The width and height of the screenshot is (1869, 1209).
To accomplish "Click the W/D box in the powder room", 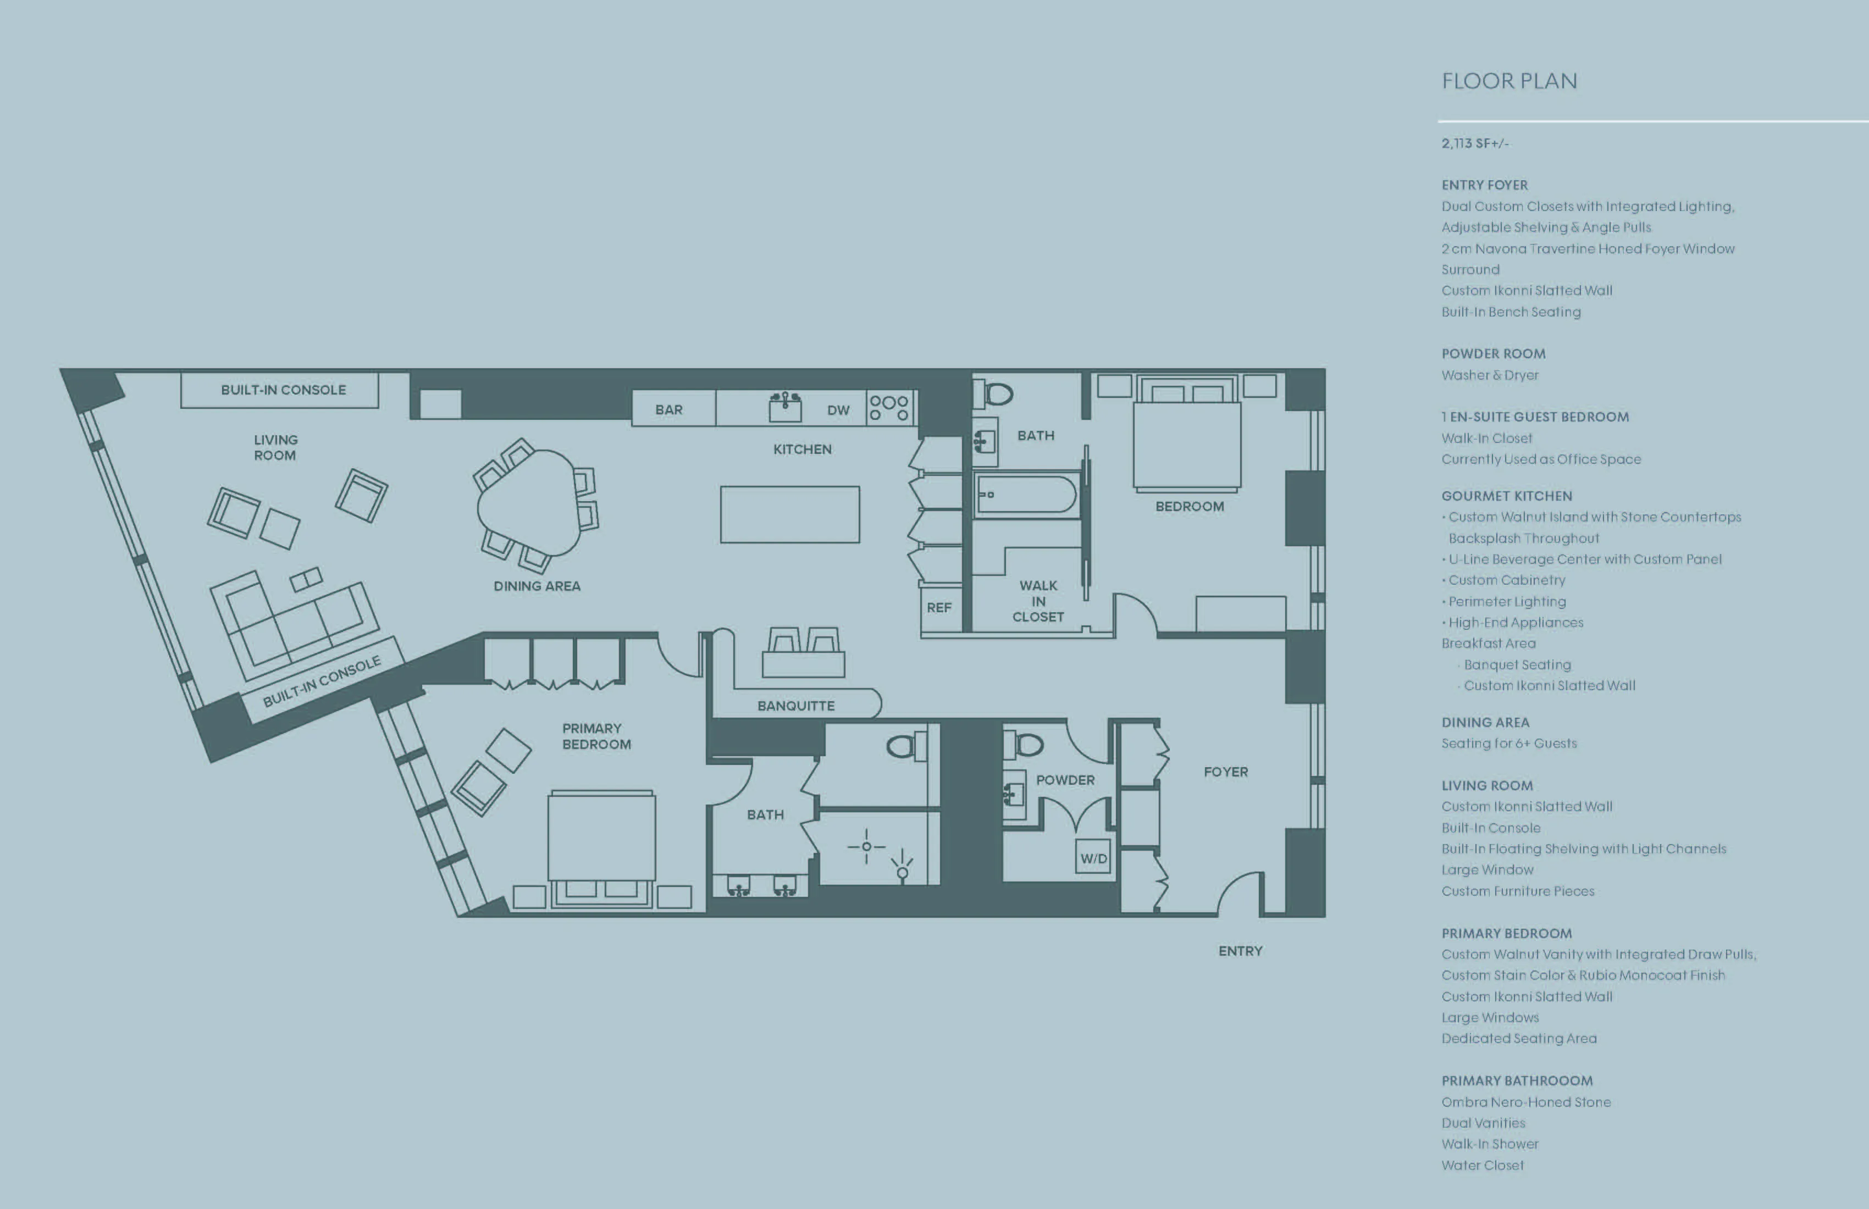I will [1093, 858].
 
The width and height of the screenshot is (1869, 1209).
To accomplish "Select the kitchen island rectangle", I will [789, 514].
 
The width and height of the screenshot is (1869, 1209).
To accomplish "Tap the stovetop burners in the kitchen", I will [889, 407].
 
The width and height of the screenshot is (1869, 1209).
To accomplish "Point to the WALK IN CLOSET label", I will [1038, 601].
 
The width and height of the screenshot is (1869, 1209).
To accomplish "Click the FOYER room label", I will [1225, 772].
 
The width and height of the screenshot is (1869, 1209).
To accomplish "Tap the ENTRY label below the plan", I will [1240, 951].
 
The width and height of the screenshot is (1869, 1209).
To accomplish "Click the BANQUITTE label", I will [795, 706].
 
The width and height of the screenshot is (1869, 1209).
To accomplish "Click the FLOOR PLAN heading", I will [1508, 81].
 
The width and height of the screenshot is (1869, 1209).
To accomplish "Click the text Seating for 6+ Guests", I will [1508, 744].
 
